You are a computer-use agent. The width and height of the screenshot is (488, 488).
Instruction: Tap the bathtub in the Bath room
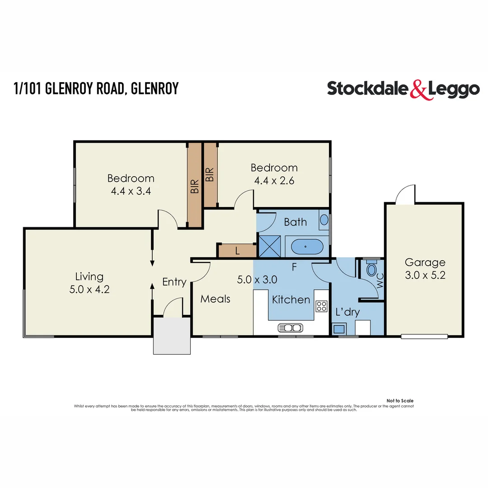(x=307, y=247)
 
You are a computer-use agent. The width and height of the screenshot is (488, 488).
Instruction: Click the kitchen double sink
(x=290, y=328)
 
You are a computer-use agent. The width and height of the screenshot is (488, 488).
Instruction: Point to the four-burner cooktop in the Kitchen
(x=321, y=306)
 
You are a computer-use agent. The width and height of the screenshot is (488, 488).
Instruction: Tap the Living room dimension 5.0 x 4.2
(x=89, y=289)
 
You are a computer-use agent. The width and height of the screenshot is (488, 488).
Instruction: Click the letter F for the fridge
(x=294, y=267)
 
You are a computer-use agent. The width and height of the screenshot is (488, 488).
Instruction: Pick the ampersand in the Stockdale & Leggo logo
(x=418, y=89)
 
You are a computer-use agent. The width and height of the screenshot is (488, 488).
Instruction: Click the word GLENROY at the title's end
(x=154, y=89)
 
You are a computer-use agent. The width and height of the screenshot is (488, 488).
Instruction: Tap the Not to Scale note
(x=400, y=401)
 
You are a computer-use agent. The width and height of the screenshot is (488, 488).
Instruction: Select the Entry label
(x=174, y=282)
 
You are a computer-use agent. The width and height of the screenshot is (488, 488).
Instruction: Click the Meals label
(x=216, y=299)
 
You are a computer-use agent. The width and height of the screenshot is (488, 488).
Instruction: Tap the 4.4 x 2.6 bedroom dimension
(x=274, y=180)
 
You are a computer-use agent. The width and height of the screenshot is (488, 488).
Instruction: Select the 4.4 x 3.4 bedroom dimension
(x=131, y=190)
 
